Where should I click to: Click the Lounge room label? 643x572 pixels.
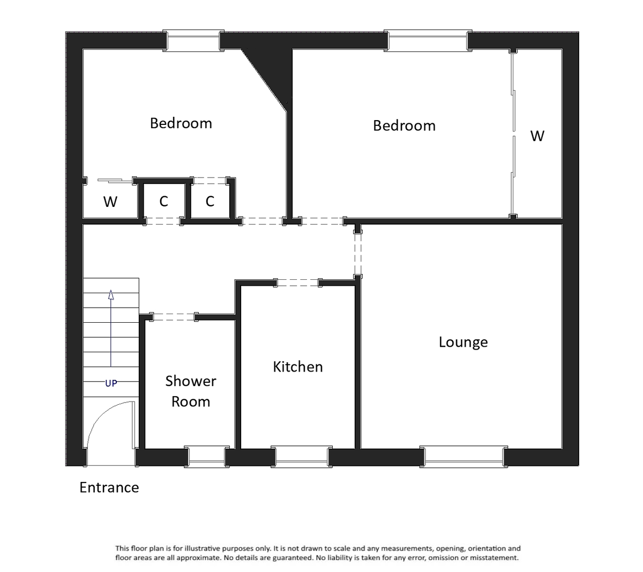pos(463,342)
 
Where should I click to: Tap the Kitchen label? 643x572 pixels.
pos(297,367)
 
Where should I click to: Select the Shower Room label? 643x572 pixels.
pos(190,391)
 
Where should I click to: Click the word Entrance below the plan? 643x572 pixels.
pos(109,487)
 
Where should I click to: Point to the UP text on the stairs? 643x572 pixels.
pos(111,383)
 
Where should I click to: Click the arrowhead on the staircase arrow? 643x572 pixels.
pos(111,294)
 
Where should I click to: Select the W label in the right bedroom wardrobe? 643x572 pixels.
pos(537,136)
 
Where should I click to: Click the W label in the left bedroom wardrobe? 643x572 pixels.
pos(110,202)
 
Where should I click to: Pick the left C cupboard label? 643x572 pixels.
pos(163,202)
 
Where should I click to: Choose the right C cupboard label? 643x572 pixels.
pos(210,202)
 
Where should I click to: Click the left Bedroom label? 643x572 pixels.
pos(181,123)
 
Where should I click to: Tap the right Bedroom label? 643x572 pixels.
pos(404,126)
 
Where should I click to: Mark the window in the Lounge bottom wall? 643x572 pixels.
pos(463,456)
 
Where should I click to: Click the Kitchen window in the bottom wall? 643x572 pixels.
pos(301,456)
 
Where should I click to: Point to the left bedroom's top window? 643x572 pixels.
pos(193,41)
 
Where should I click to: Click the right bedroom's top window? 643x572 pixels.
pos(428,41)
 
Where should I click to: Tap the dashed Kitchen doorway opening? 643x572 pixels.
pos(297,282)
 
